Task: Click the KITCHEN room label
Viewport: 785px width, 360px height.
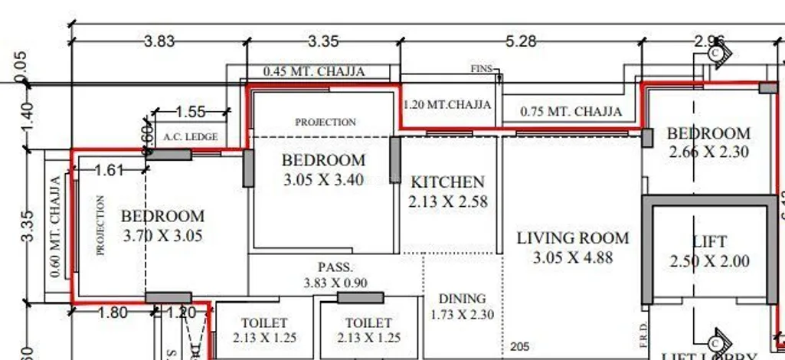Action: pyautogui.click(x=448, y=182)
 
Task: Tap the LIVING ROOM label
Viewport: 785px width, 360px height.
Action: pyautogui.click(x=573, y=238)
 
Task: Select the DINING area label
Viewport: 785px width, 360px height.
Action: pyautogui.click(x=462, y=299)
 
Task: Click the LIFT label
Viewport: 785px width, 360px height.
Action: pyautogui.click(x=709, y=242)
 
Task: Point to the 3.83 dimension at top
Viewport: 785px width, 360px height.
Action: pyautogui.click(x=159, y=41)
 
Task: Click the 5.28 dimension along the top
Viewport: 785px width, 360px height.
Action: pyautogui.click(x=522, y=41)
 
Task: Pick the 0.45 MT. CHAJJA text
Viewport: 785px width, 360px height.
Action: pyautogui.click(x=314, y=71)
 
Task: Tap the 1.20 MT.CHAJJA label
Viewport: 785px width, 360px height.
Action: pyautogui.click(x=448, y=103)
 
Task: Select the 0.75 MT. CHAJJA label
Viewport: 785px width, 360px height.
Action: pyautogui.click(x=571, y=112)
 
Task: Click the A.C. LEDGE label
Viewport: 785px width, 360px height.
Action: pyautogui.click(x=191, y=137)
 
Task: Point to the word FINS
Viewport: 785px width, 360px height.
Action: pyautogui.click(x=481, y=69)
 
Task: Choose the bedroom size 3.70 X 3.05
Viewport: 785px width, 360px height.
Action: pyautogui.click(x=162, y=236)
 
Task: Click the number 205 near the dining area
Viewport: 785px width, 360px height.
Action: pyautogui.click(x=518, y=347)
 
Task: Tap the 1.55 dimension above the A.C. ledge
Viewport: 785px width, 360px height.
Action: pyautogui.click(x=191, y=112)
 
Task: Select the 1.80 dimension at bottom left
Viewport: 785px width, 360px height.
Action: pyautogui.click(x=113, y=313)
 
